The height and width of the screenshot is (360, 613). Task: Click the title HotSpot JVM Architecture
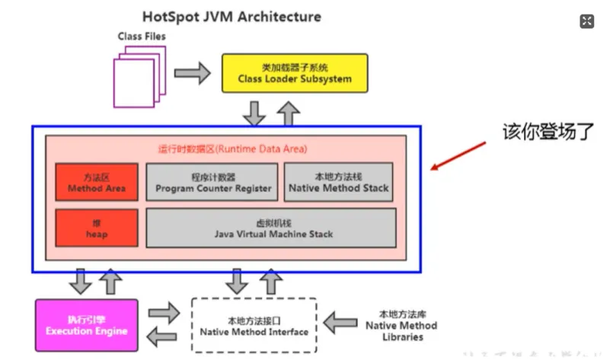(x=231, y=16)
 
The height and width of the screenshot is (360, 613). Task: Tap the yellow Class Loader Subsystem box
(x=294, y=73)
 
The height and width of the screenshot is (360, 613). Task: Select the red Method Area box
(x=96, y=182)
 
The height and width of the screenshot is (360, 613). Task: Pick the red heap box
(x=96, y=228)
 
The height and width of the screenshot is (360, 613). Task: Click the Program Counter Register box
(x=212, y=182)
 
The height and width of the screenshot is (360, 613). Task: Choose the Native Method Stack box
(x=338, y=182)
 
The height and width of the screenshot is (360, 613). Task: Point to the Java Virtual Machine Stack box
(x=271, y=228)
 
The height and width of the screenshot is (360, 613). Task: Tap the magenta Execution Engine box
(x=86, y=325)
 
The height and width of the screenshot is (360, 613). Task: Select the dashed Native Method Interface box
(x=254, y=325)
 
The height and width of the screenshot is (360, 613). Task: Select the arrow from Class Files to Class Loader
(x=191, y=73)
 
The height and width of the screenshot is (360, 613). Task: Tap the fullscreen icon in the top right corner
(x=586, y=21)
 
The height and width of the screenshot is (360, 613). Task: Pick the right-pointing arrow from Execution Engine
(x=161, y=313)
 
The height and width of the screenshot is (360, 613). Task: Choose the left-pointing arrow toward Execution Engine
(x=161, y=336)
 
